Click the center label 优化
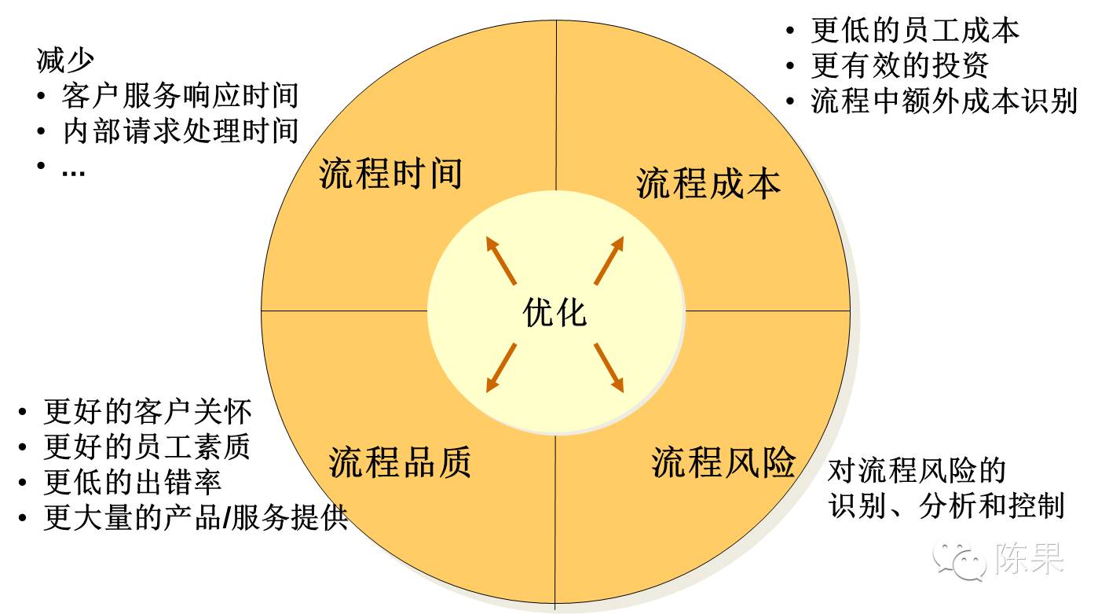coord(554,312)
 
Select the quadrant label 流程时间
coord(390,173)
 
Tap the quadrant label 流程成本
coord(708,183)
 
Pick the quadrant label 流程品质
coord(400,461)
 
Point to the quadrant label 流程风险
coord(723,461)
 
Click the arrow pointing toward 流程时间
coord(500,260)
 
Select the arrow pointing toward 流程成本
coord(609,260)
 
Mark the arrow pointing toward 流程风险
coord(608,366)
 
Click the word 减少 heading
coord(66,61)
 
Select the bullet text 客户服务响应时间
coord(180,96)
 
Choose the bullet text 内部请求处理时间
coord(180,131)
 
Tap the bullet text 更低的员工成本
coord(915,31)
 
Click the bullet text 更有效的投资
coord(899,66)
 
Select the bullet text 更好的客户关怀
coord(148,411)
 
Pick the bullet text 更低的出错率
coord(132,482)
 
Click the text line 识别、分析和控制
coord(946,506)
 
